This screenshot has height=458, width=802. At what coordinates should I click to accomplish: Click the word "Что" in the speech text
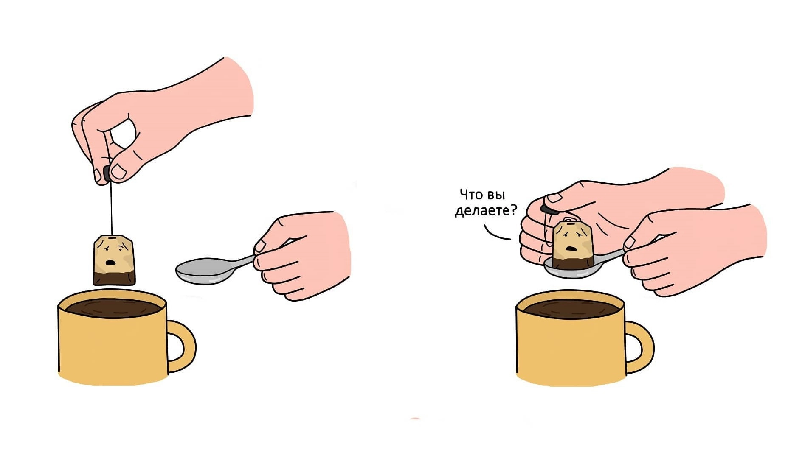(x=471, y=195)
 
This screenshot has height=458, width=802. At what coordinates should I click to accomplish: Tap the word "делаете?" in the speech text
(x=486, y=210)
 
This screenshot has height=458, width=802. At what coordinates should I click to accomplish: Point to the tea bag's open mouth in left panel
(x=111, y=263)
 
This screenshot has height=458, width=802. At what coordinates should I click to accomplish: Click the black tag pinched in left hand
(x=107, y=173)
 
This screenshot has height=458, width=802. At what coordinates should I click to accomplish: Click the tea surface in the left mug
(x=113, y=307)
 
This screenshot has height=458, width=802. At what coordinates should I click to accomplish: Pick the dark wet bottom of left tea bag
(x=114, y=279)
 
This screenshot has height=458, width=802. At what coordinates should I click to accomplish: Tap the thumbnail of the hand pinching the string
(x=118, y=172)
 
